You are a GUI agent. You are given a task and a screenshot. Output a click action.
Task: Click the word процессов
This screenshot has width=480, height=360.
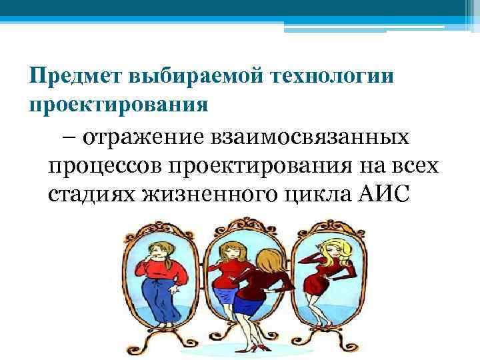pyautogui.click(x=103, y=165)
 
